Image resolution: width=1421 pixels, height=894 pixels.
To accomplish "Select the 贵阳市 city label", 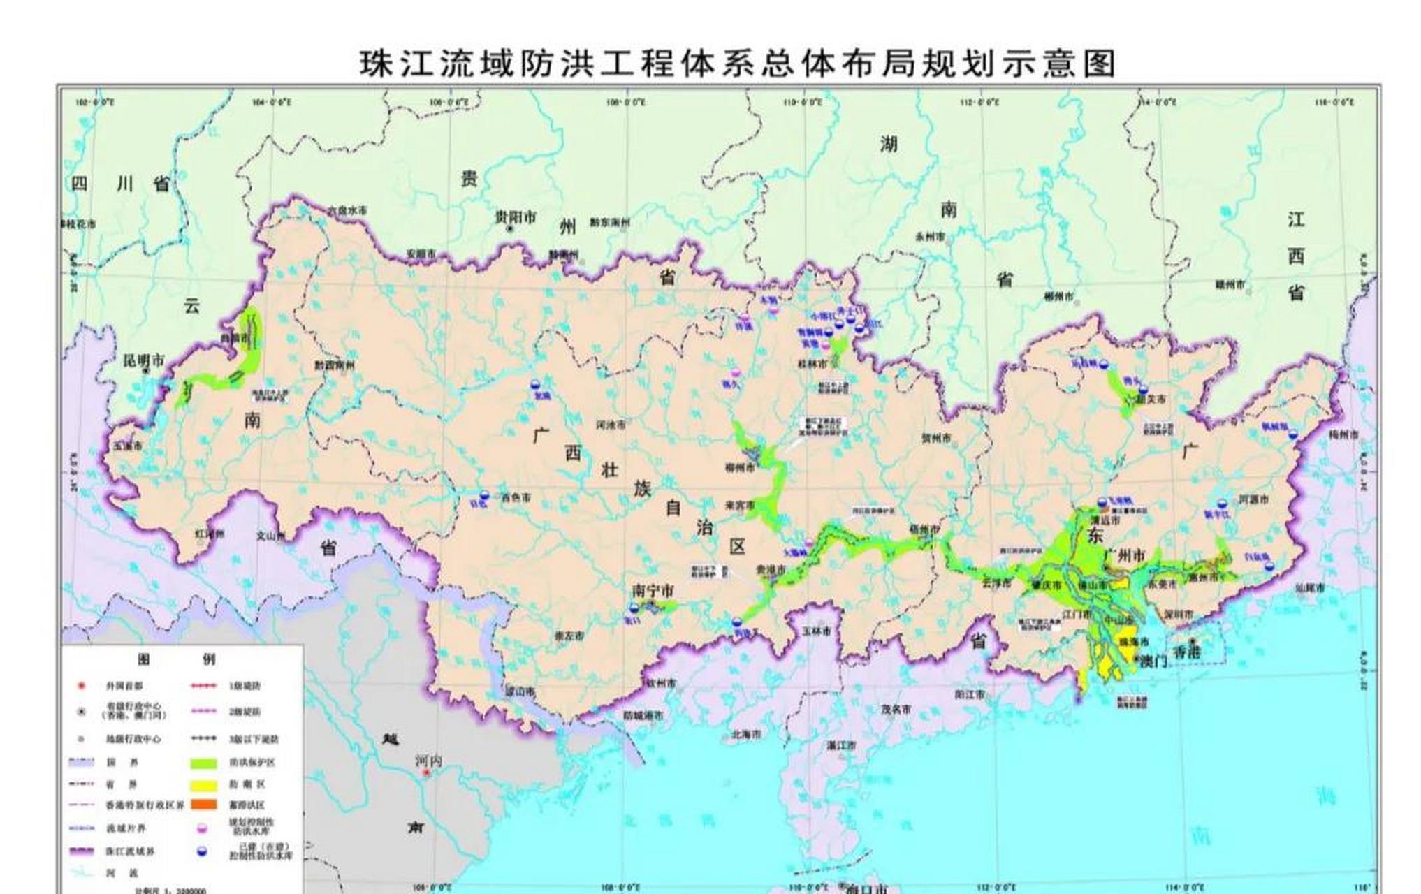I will [516, 218].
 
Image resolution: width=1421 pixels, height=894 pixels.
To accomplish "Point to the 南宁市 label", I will [653, 592].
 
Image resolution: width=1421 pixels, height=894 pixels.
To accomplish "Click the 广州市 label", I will [1124, 555].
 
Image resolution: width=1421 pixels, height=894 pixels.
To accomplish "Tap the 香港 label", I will [1186, 652].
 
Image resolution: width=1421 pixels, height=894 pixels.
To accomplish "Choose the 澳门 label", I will [1153, 661].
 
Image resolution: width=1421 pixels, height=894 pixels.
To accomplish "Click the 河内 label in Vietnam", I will [428, 761].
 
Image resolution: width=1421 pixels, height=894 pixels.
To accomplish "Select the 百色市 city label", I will [516, 498].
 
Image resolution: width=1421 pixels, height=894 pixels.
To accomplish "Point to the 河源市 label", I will [1253, 500].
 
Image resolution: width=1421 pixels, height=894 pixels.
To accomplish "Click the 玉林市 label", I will [816, 631].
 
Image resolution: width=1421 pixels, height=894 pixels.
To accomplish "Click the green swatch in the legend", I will [203, 763].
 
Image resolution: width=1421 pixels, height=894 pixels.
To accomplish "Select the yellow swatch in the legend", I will [203, 784].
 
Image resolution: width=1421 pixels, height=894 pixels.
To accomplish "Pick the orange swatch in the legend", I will [203, 805].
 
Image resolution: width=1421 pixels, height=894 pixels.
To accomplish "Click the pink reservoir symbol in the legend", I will [203, 828].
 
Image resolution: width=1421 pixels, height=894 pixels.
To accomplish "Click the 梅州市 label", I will [1343, 434].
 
